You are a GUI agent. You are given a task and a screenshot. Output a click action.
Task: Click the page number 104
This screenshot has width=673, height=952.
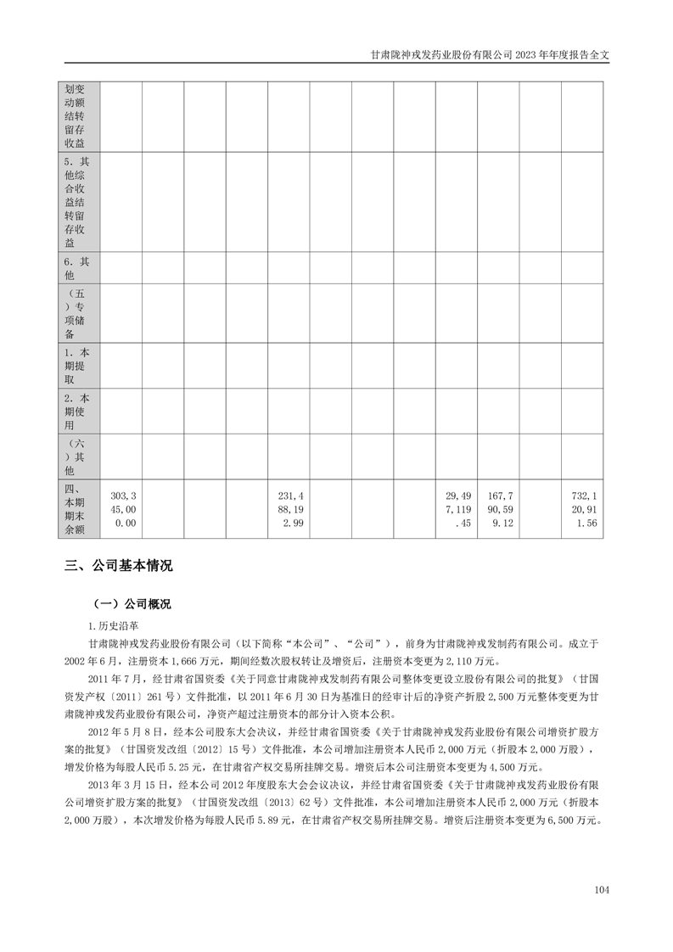[x=602, y=890]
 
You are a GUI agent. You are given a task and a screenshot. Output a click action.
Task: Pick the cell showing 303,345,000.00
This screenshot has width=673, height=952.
[x=121, y=509]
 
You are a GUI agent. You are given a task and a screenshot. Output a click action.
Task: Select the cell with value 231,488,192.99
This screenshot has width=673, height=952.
[x=289, y=509]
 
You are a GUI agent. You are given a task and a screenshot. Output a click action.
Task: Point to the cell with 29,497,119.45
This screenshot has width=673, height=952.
[x=457, y=509]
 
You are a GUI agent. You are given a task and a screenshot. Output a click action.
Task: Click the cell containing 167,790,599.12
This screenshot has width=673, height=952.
[x=498, y=509]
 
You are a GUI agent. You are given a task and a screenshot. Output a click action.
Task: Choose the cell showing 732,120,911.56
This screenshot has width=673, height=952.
[x=582, y=509]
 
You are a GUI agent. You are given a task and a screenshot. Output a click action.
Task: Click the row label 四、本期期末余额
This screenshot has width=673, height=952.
[x=78, y=509]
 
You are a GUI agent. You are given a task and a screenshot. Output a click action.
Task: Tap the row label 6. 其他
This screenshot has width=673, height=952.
[x=78, y=268]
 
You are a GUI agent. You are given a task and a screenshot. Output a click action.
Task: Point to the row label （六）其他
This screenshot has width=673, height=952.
[x=78, y=456]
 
